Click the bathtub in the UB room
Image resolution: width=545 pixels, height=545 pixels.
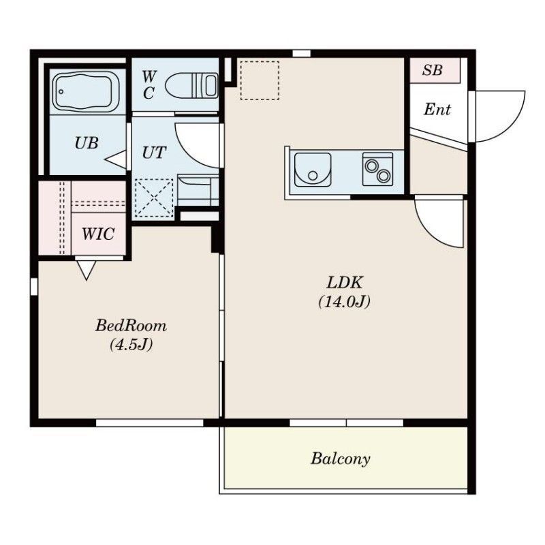86,92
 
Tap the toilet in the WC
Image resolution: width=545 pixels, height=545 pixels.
191,86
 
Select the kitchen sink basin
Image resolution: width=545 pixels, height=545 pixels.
313,170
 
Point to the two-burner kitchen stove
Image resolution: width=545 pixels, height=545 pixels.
378,169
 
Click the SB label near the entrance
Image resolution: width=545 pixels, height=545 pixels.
433,70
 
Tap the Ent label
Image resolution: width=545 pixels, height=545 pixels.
437,110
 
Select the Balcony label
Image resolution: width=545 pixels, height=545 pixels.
340,458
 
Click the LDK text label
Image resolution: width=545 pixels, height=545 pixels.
345,283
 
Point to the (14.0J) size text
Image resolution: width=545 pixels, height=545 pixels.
345,302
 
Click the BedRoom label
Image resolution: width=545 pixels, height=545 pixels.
131,326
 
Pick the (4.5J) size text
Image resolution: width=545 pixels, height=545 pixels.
131,345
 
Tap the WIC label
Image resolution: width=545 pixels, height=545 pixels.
98,234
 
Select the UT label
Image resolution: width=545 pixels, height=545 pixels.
154,153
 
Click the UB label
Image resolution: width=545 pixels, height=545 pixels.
87,143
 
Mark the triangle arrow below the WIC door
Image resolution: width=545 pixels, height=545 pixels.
87,270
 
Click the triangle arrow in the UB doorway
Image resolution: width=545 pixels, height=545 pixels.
116,160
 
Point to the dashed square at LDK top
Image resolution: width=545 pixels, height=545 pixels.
260,80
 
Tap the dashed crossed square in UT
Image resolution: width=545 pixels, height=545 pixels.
154,198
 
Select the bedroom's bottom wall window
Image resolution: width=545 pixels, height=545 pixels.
149,423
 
